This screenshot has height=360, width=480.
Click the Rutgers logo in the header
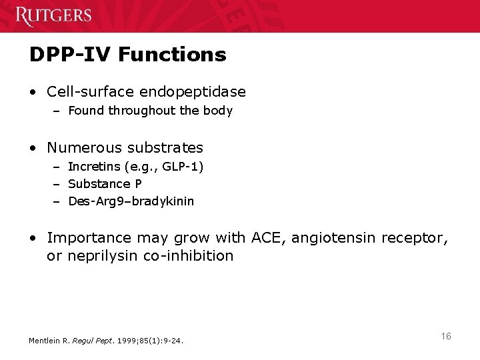tap(54, 15)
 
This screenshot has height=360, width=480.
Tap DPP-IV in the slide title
tap(63, 54)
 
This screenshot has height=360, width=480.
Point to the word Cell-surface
tap(89, 91)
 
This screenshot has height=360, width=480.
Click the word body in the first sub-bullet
tap(219, 111)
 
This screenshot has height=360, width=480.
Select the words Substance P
tap(105, 184)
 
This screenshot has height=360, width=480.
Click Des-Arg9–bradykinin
tap(131, 201)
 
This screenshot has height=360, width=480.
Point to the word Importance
tap(89, 237)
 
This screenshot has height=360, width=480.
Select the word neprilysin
tap(103, 256)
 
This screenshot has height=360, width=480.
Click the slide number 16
tap(446, 336)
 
